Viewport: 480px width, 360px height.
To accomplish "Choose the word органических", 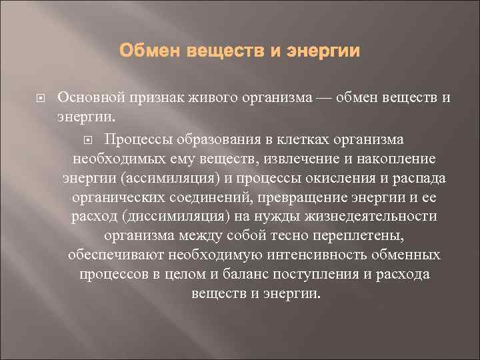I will coord(115,198).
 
